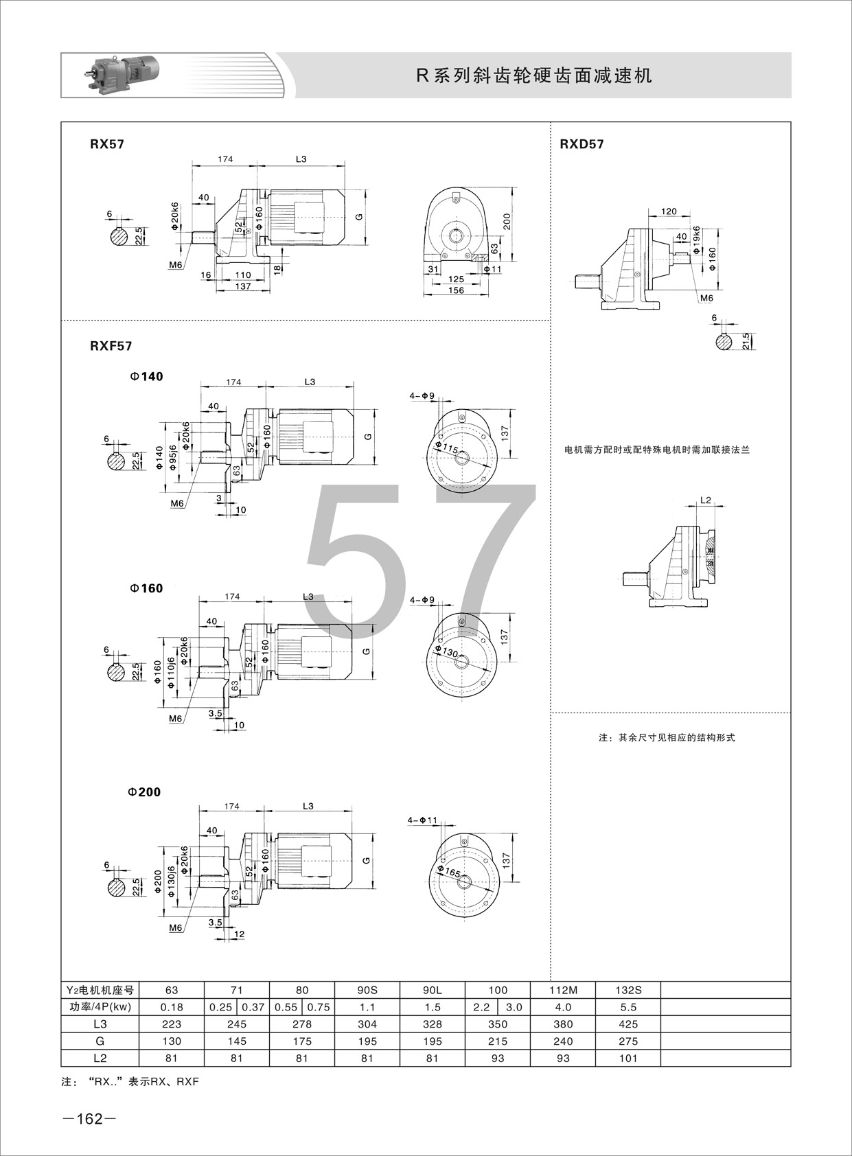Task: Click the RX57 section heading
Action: point(107,144)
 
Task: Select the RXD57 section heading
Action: point(582,144)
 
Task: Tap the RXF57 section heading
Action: point(111,346)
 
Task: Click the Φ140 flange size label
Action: point(146,377)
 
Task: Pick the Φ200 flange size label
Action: point(144,791)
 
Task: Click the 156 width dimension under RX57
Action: point(456,290)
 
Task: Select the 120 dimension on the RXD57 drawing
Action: point(668,211)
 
